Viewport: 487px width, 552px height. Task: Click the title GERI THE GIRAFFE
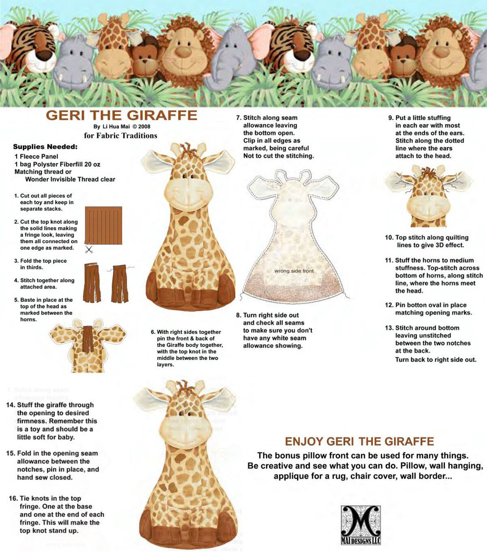(x=121, y=115)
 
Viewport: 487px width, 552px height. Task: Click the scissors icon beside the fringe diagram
(x=88, y=249)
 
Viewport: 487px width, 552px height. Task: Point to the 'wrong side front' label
(x=294, y=271)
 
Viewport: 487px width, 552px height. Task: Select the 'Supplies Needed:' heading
(x=45, y=147)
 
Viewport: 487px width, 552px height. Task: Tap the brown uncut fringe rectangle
(x=103, y=226)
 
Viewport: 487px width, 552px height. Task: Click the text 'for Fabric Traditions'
(x=121, y=136)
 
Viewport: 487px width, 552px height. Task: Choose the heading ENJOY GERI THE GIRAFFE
(x=359, y=441)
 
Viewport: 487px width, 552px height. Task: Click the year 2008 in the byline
(x=144, y=126)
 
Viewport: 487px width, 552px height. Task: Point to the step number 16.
(x=13, y=498)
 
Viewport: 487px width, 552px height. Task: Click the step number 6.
(x=153, y=332)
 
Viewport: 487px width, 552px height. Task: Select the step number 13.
(x=389, y=328)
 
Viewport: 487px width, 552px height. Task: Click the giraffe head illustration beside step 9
(x=428, y=196)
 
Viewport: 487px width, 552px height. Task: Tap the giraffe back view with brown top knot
(x=88, y=346)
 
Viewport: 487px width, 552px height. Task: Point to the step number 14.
(x=11, y=405)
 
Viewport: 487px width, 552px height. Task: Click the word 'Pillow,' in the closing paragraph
(x=414, y=466)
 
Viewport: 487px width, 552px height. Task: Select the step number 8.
(x=239, y=315)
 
